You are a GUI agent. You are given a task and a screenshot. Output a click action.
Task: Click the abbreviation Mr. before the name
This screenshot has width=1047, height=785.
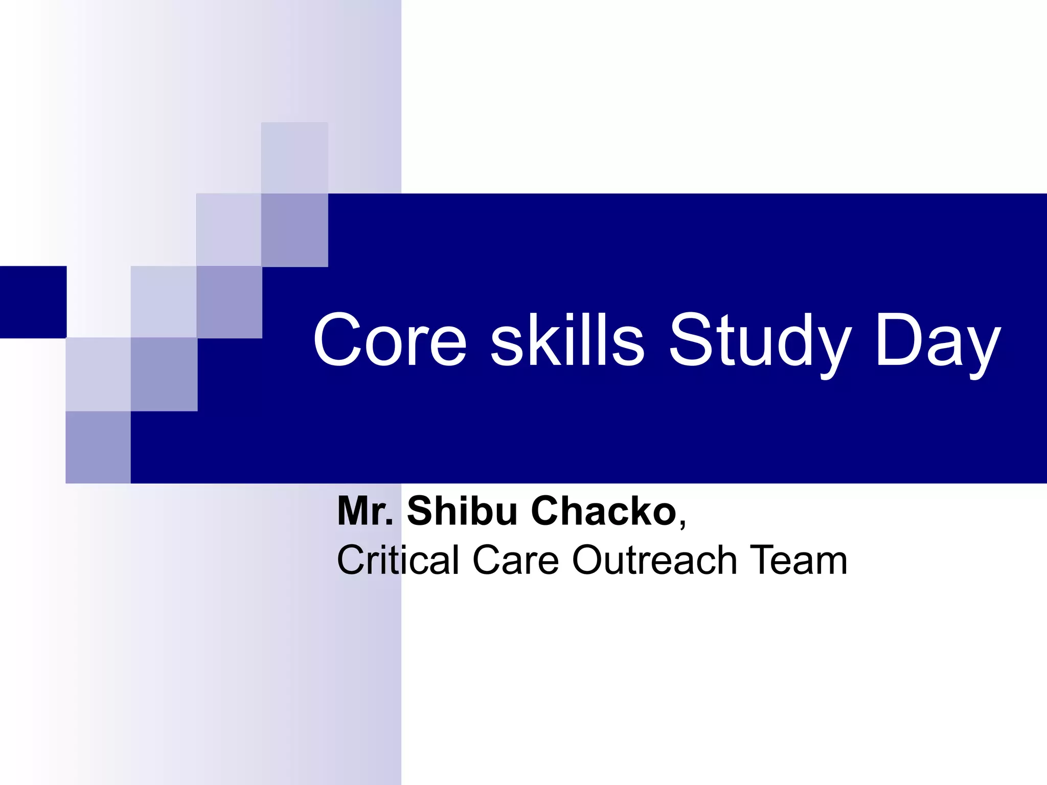pos(365,511)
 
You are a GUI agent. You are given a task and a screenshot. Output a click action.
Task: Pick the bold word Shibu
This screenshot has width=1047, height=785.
pos(462,511)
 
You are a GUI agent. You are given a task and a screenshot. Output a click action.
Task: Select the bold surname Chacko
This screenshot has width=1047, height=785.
pos(604,511)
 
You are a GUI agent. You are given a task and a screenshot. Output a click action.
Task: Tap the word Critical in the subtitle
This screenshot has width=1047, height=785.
pos(398,560)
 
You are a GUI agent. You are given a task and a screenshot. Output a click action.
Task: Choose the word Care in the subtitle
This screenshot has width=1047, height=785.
pos(515,560)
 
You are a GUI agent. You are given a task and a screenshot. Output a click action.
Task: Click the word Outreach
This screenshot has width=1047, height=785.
pos(654,560)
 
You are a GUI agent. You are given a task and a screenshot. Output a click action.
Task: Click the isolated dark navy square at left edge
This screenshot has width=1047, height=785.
pos(33,302)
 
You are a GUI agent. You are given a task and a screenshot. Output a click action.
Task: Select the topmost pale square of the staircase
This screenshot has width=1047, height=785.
pos(294,158)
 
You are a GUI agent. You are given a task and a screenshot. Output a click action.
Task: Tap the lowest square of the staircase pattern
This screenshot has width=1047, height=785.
pos(98,447)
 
